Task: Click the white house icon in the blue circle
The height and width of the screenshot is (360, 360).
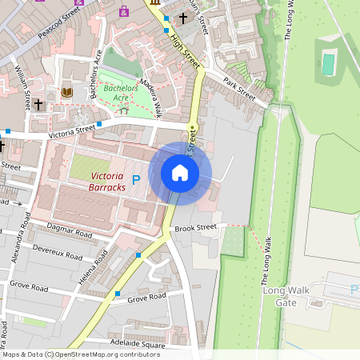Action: click(180, 173)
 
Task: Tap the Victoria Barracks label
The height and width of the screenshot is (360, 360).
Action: click(108, 181)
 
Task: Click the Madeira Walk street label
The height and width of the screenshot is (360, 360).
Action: click(150, 99)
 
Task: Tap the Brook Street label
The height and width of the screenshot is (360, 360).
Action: click(196, 227)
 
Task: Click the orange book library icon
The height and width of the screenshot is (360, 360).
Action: click(67, 93)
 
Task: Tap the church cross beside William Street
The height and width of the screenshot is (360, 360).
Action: click(38, 105)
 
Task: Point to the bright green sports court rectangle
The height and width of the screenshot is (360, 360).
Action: click(328, 64)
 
